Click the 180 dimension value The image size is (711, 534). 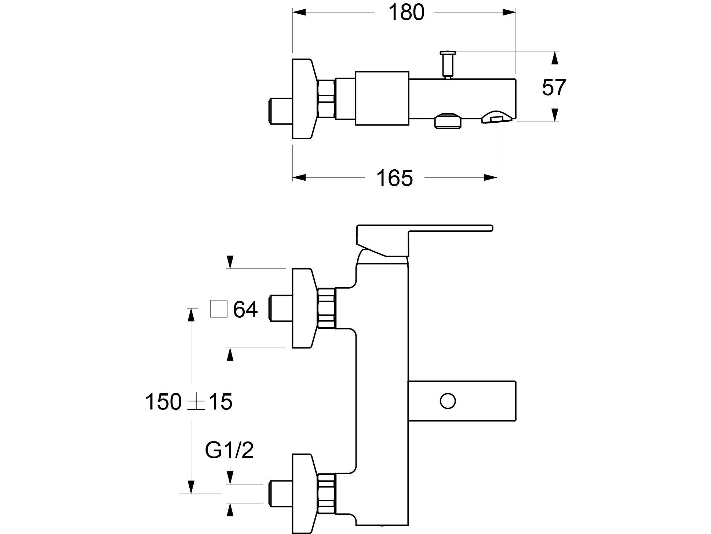pyautogui.click(x=406, y=12)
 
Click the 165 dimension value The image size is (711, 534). pyautogui.click(x=394, y=178)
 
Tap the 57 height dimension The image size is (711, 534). pyautogui.click(x=554, y=87)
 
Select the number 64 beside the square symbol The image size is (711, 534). pyautogui.click(x=245, y=309)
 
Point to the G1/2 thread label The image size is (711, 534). pyautogui.click(x=229, y=450)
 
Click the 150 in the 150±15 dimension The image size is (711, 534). pyautogui.click(x=163, y=401)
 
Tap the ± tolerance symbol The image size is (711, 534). pyautogui.click(x=195, y=402)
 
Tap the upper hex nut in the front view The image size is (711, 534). pyautogui.click(x=326, y=308)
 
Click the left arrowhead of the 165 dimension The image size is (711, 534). pyautogui.click(x=299, y=178)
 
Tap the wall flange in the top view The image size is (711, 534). pyautogui.click(x=303, y=99)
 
